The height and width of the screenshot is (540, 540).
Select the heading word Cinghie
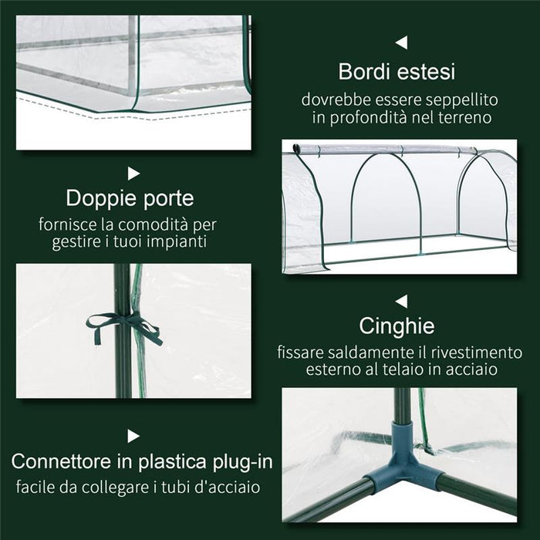click(397, 326)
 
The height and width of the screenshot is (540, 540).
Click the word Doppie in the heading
click(103, 198)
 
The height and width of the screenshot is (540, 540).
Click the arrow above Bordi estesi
click(400, 42)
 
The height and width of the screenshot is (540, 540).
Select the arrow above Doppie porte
click(134, 174)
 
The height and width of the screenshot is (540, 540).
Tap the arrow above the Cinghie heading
click(400, 301)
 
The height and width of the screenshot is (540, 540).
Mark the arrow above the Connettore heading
click(134, 437)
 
